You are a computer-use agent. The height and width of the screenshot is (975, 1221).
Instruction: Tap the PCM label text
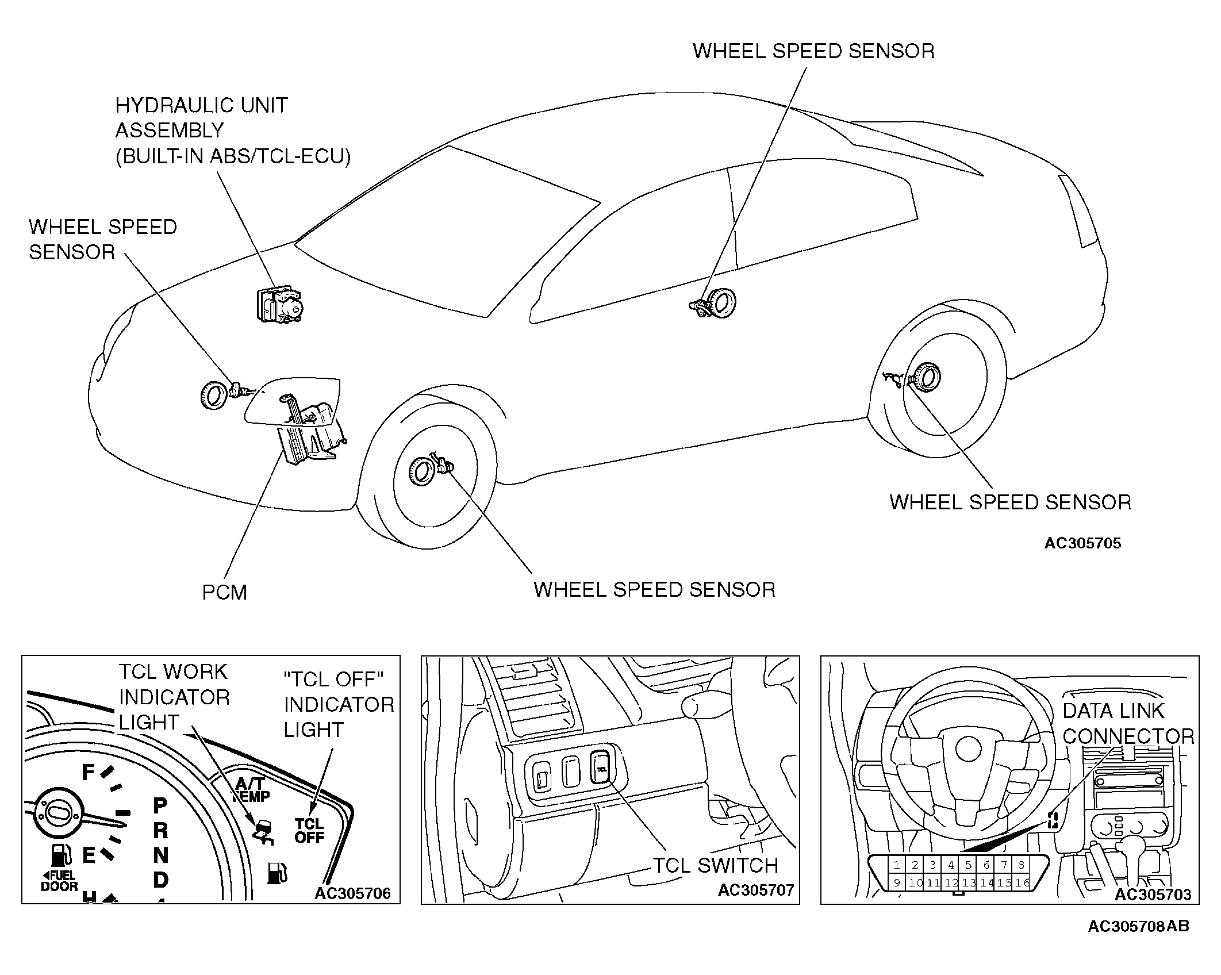pyautogui.click(x=224, y=593)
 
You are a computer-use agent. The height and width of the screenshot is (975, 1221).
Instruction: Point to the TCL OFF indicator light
pyautogui.click(x=309, y=831)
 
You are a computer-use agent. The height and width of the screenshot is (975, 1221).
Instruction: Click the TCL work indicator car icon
pyautogui.click(x=264, y=832)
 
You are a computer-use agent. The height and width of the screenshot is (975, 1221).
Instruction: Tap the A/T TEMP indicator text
pyautogui.click(x=251, y=790)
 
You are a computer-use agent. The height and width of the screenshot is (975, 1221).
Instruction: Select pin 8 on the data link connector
pyautogui.click(x=1021, y=865)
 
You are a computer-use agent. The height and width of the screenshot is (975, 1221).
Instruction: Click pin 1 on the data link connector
pyautogui.click(x=897, y=865)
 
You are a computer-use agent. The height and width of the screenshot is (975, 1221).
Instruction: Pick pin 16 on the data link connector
pyautogui.click(x=1022, y=882)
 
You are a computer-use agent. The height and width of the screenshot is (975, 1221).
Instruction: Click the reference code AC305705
pyautogui.click(x=1082, y=544)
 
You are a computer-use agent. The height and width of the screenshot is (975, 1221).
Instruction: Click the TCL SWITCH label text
pyautogui.click(x=716, y=866)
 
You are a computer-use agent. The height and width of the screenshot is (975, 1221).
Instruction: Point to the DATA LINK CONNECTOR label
pyautogui.click(x=1128, y=724)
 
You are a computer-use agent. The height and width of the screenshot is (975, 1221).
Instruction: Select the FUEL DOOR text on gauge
pyautogui.click(x=59, y=881)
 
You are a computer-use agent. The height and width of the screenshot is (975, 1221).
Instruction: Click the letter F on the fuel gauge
pyautogui.click(x=88, y=772)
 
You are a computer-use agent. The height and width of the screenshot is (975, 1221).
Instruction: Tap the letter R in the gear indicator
pyautogui.click(x=160, y=830)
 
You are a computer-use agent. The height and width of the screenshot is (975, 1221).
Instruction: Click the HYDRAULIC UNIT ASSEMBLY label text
pyautogui.click(x=233, y=131)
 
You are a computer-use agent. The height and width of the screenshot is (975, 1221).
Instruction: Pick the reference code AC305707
pyautogui.click(x=755, y=890)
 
